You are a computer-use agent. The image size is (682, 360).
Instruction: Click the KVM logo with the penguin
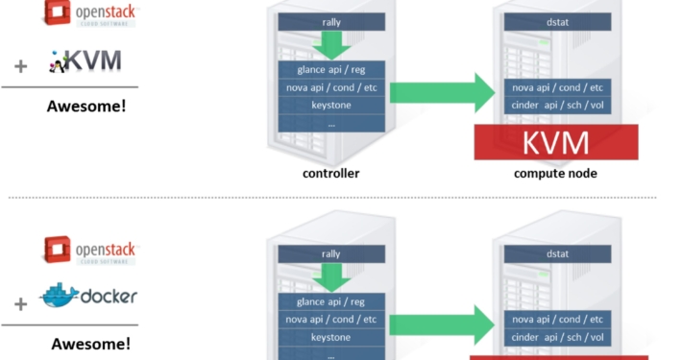point(85,62)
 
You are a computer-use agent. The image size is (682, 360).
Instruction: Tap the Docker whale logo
point(88,297)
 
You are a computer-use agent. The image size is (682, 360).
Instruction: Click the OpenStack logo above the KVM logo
point(87,12)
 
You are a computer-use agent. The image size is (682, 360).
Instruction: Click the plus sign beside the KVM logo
point(20,67)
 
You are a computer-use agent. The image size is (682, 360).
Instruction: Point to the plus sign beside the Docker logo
point(20,304)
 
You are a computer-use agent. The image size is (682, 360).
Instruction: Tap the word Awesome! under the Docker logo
point(89,343)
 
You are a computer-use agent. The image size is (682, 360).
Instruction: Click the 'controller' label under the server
point(330,174)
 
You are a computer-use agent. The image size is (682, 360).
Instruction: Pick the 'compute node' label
point(555,174)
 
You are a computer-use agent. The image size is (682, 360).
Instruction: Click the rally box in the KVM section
point(330,21)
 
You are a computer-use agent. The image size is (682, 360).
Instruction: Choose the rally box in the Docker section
point(330,254)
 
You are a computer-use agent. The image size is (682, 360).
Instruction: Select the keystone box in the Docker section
point(330,337)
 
